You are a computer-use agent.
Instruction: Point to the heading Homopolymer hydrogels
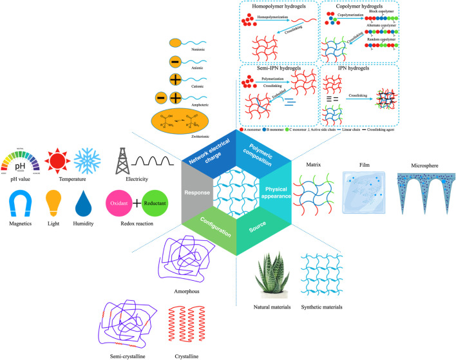(277, 7)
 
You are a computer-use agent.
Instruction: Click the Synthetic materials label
(321, 306)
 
